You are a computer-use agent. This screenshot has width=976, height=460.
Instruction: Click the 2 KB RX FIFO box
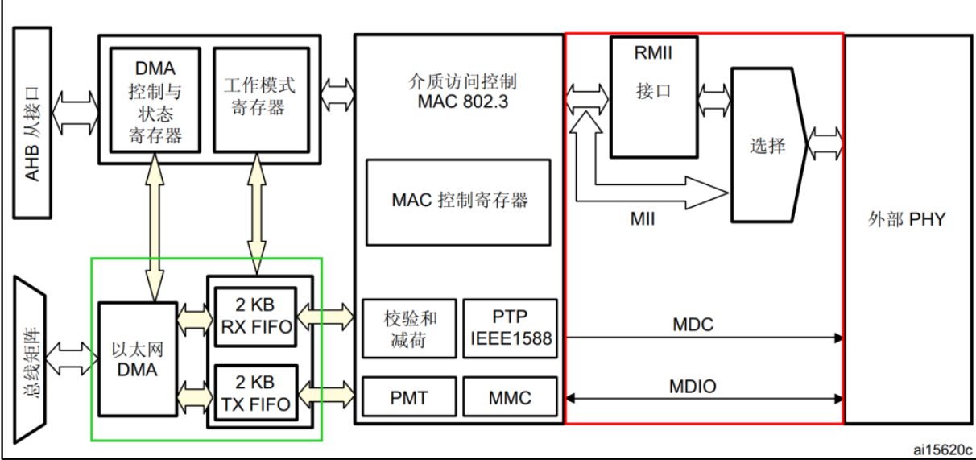(x=256, y=317)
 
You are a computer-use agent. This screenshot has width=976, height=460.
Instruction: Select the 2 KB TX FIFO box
(x=256, y=393)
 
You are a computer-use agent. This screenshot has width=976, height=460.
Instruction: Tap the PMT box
(x=409, y=396)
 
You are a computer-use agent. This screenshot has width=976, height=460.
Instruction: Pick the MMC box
(x=510, y=396)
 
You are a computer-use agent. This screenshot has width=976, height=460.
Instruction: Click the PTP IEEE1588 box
(x=510, y=329)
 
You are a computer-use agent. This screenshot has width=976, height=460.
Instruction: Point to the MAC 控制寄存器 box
(x=458, y=202)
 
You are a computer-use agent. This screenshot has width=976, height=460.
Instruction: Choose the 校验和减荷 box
(x=409, y=329)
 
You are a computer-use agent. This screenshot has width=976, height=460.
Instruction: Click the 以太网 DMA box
(x=138, y=359)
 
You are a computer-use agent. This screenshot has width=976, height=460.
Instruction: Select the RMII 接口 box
(x=654, y=97)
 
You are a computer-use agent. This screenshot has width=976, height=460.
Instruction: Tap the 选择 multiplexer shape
(x=769, y=145)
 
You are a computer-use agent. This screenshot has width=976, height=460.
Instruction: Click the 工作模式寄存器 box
(x=262, y=100)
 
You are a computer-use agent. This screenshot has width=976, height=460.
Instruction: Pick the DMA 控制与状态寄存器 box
(x=155, y=100)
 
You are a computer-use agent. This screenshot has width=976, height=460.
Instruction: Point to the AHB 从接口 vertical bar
(x=32, y=122)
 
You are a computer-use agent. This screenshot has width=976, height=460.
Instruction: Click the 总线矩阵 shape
(x=30, y=360)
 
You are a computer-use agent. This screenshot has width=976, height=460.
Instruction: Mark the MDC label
(x=693, y=325)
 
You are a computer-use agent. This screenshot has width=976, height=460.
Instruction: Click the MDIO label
(x=693, y=387)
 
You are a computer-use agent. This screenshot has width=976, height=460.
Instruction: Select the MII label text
(x=643, y=218)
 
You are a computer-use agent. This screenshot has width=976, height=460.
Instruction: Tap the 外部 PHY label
(x=907, y=219)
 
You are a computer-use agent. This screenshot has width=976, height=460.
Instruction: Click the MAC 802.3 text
(x=463, y=102)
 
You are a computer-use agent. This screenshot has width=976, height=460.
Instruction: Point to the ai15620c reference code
(x=942, y=450)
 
